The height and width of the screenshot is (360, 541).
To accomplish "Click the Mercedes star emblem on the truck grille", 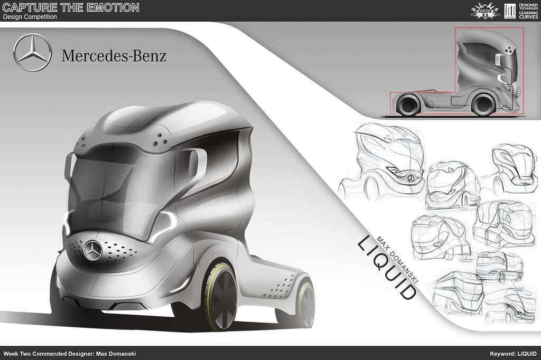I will click(x=93, y=251).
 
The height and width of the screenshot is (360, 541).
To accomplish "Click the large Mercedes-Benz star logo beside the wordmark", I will click(x=32, y=53).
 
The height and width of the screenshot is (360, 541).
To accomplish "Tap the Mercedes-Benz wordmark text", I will click(x=114, y=55).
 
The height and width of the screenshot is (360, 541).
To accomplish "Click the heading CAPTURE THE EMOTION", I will click(x=71, y=7).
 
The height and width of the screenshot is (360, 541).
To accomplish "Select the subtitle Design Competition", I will click(x=30, y=17).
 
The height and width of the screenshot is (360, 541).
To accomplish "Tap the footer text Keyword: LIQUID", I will click(x=512, y=353).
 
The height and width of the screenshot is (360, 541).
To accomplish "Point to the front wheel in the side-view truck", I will click(x=407, y=103).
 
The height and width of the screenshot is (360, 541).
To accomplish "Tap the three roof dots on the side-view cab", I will click(x=509, y=50).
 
